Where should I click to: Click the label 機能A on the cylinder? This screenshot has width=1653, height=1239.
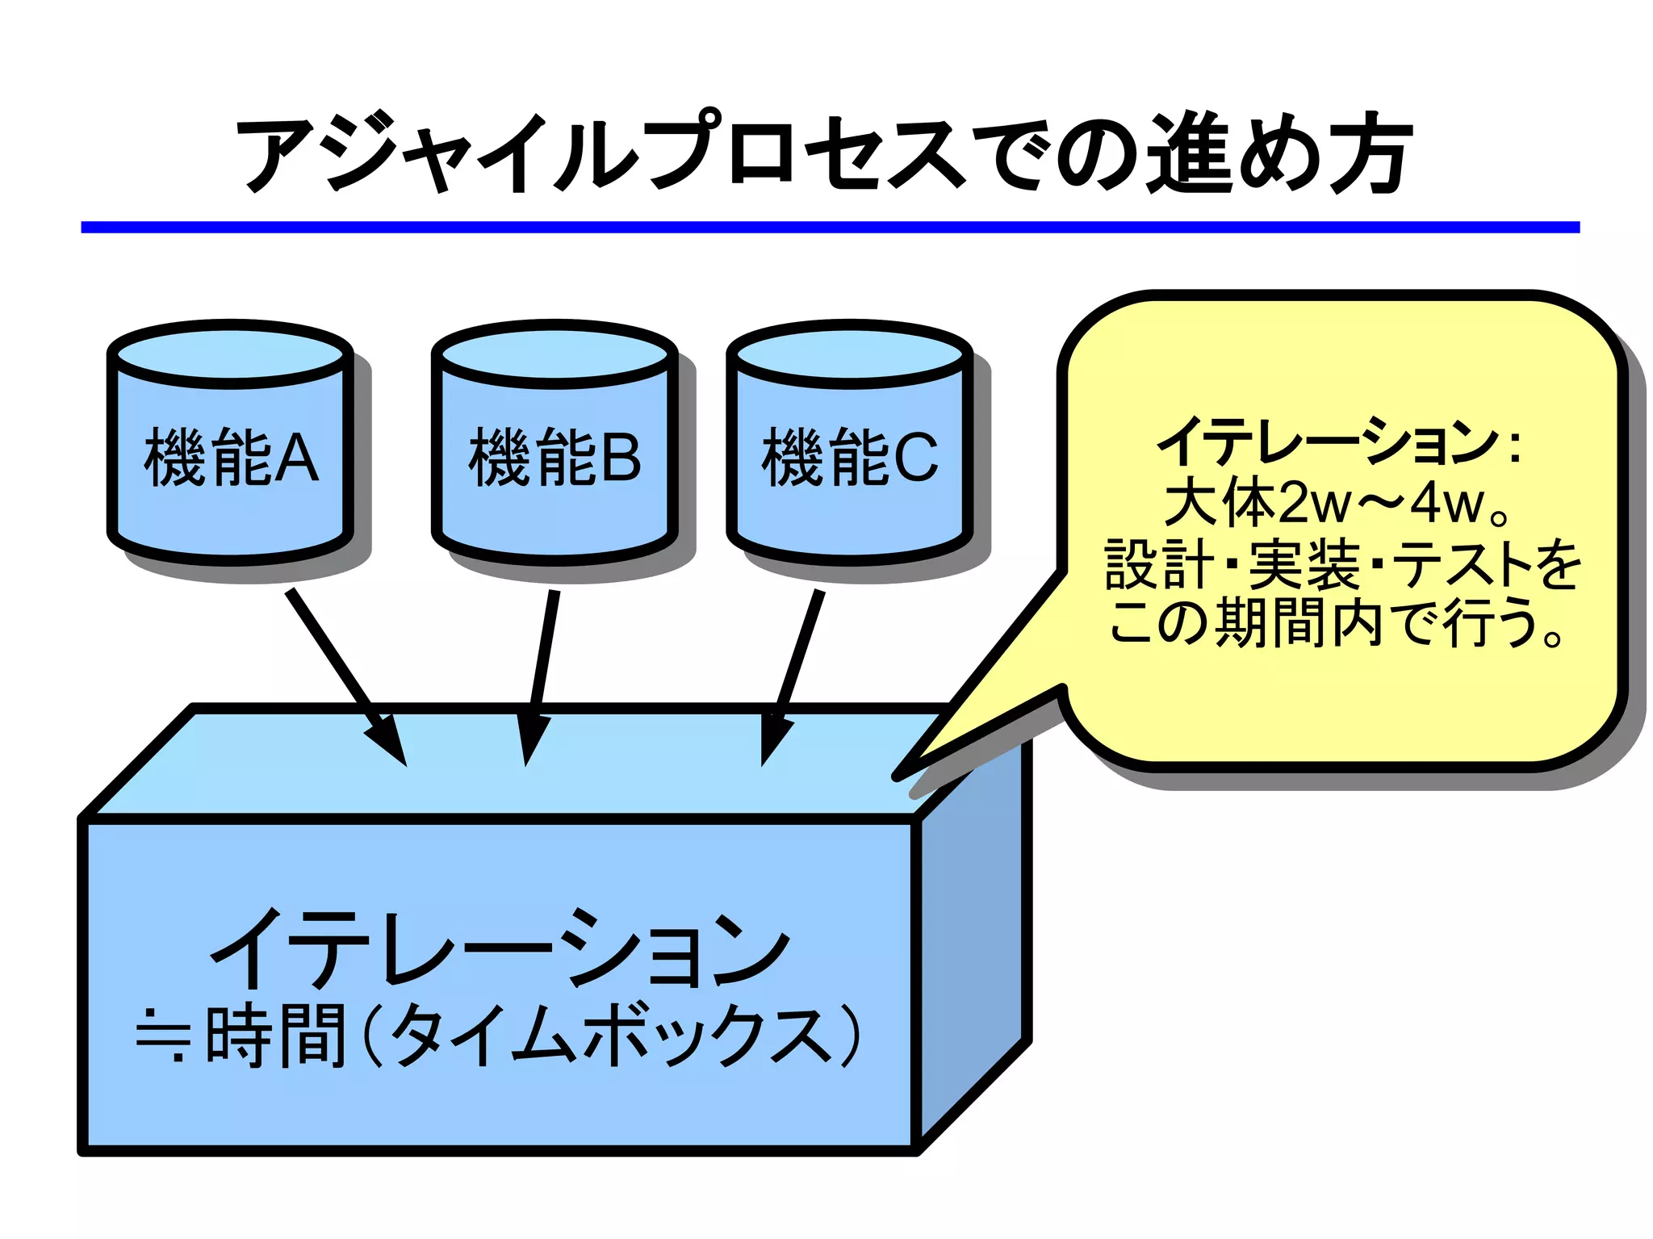[x=231, y=458]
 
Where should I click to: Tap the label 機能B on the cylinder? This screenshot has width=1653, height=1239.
[x=554, y=458]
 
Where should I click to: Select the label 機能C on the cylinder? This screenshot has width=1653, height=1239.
[x=850, y=458]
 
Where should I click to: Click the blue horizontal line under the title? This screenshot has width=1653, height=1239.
[x=830, y=228]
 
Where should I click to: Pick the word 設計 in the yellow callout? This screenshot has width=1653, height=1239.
[x=1159, y=564]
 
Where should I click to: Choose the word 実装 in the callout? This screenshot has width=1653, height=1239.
[x=1304, y=564]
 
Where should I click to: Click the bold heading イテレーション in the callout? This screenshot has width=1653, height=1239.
[x=1328, y=442]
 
